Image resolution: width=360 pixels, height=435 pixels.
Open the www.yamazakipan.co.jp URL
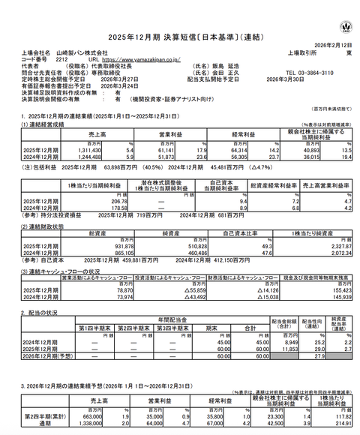point(139,57)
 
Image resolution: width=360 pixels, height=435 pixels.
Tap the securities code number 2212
point(62,57)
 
